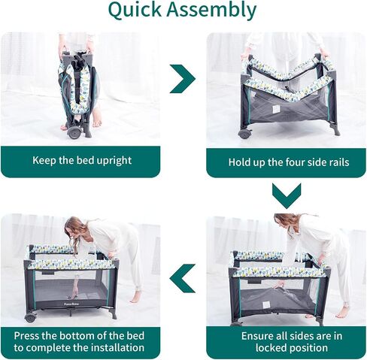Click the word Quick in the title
tap(135, 11)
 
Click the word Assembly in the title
tap(211, 11)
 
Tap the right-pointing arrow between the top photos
tap(182, 79)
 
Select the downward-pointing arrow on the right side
tap(287, 196)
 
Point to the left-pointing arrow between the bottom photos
tap(183, 279)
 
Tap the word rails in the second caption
tap(338, 162)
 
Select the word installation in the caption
tap(117, 348)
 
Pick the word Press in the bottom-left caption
tap(26, 336)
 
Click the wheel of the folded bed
tap(74, 132)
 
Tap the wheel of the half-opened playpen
tap(244, 134)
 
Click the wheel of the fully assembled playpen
tap(30, 317)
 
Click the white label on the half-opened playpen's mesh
tap(276, 109)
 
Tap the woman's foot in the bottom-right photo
tap(341, 311)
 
